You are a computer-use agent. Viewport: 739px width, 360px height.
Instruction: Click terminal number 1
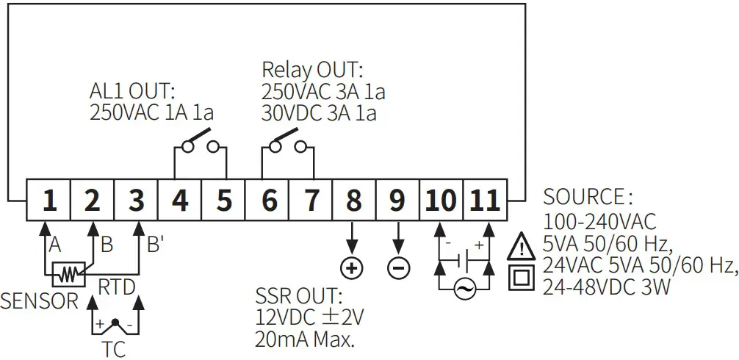pos(48,200)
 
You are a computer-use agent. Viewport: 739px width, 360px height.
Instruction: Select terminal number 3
pos(136,200)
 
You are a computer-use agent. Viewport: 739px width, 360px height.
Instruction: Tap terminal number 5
pos(223,200)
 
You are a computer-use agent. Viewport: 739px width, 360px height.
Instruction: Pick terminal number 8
pos(353,200)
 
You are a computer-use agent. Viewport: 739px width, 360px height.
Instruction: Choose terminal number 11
pos(486,200)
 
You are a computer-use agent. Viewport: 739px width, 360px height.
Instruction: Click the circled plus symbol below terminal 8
pos(353,267)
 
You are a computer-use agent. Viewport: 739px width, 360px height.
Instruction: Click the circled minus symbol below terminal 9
pos(398,267)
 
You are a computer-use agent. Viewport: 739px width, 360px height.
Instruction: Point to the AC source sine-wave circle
pos(464,289)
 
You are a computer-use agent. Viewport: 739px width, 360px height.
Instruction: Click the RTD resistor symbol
pos(68,274)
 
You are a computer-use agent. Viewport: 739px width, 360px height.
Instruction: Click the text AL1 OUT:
pos(133,92)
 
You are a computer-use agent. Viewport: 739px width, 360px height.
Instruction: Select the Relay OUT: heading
pos(313,71)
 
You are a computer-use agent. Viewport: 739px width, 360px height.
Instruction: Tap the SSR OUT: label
pos(299,298)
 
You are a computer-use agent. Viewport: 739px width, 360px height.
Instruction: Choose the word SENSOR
pos(40,301)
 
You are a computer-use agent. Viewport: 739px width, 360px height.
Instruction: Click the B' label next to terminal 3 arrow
pos(154,245)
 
